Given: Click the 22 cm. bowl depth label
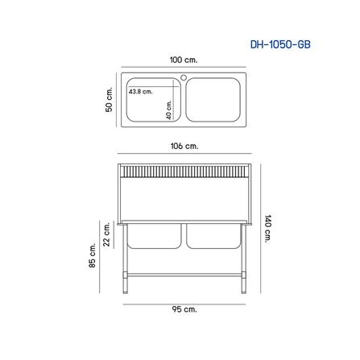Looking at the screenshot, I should pyautogui.click(x=107, y=230).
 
